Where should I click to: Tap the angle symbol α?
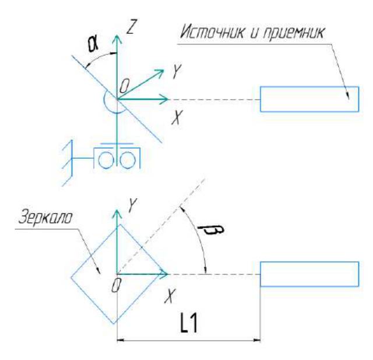(93, 44)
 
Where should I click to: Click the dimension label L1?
(189, 323)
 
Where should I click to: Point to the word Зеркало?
(45, 217)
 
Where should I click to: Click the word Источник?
(212, 32)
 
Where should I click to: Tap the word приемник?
(294, 33)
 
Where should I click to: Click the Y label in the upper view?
(177, 71)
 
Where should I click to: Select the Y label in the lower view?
(132, 205)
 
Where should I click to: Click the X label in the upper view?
(177, 118)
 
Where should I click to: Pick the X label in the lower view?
(170, 296)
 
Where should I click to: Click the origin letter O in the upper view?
(124, 86)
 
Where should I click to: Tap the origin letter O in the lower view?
(117, 285)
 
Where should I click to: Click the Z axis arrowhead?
(117, 39)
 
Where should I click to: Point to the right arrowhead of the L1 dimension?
(257, 340)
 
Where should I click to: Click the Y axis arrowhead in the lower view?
(117, 214)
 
